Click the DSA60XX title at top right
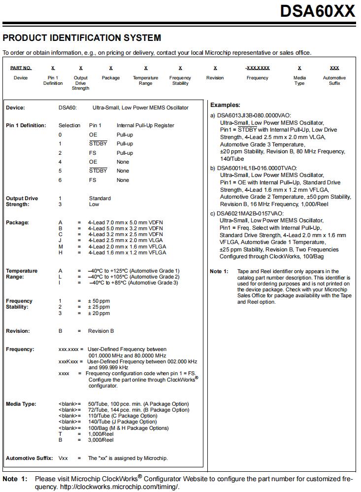tap(317, 11)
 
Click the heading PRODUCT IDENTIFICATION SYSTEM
tap(82, 38)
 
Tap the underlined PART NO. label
tap(21, 68)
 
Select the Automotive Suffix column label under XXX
tap(334, 80)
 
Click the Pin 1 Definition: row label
tap(26, 125)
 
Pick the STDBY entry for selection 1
tap(98, 143)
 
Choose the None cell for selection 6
tap(123, 180)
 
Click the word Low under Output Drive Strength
tap(94, 204)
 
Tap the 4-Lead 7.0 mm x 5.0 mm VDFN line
tap(125, 223)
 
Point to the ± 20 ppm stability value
tap(98, 313)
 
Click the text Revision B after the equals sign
tap(100, 331)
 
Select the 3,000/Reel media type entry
tap(100, 440)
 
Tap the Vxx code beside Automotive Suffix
tap(63, 458)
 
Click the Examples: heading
tap(225, 105)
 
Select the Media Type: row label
tap(21, 404)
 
